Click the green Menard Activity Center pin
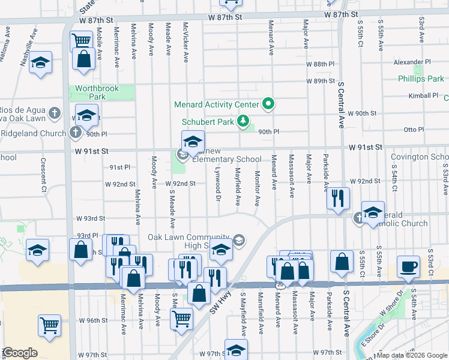pyautogui.click(x=269, y=104)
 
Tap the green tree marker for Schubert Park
pyautogui.click(x=243, y=122)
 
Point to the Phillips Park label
pyautogui.click(x=421, y=79)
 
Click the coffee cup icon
pyautogui.click(x=409, y=268)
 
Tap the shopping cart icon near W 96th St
pyautogui.click(x=49, y=325)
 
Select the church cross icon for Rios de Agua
pyautogui.click(x=55, y=112)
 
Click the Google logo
pyautogui.click(x=19, y=353)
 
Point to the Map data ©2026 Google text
pyautogui.click(x=411, y=355)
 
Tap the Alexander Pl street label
pyautogui.click(x=412, y=62)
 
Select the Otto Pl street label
pyautogui.click(x=414, y=129)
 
